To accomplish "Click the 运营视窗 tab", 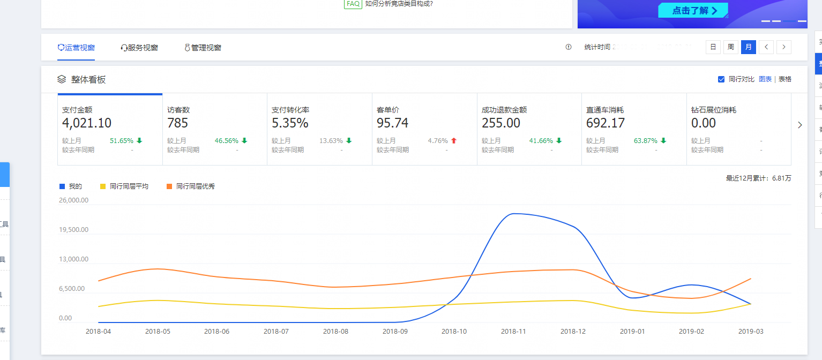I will coord(76,48).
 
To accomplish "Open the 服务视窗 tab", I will coord(139,48).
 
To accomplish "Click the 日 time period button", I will coord(713,47).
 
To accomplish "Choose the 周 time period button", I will coord(730,47).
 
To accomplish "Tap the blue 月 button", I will coord(749,47).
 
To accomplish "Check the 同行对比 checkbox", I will coord(721,79).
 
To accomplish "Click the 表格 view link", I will coord(784,79).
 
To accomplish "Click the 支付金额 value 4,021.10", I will coord(87,123).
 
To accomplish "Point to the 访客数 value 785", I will coord(178,123).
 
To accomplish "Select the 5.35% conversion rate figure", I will coord(290,123).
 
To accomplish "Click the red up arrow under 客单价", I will coord(454,141).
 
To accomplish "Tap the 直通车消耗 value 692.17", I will coord(606,123).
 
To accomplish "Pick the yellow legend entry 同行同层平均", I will coord(129,186).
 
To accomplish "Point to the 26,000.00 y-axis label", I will coord(73,200).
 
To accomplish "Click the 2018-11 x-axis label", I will coord(513,332).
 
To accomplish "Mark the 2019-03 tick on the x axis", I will coord(751,332).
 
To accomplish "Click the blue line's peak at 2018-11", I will coord(513,214).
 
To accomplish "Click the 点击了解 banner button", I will coord(693,11).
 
